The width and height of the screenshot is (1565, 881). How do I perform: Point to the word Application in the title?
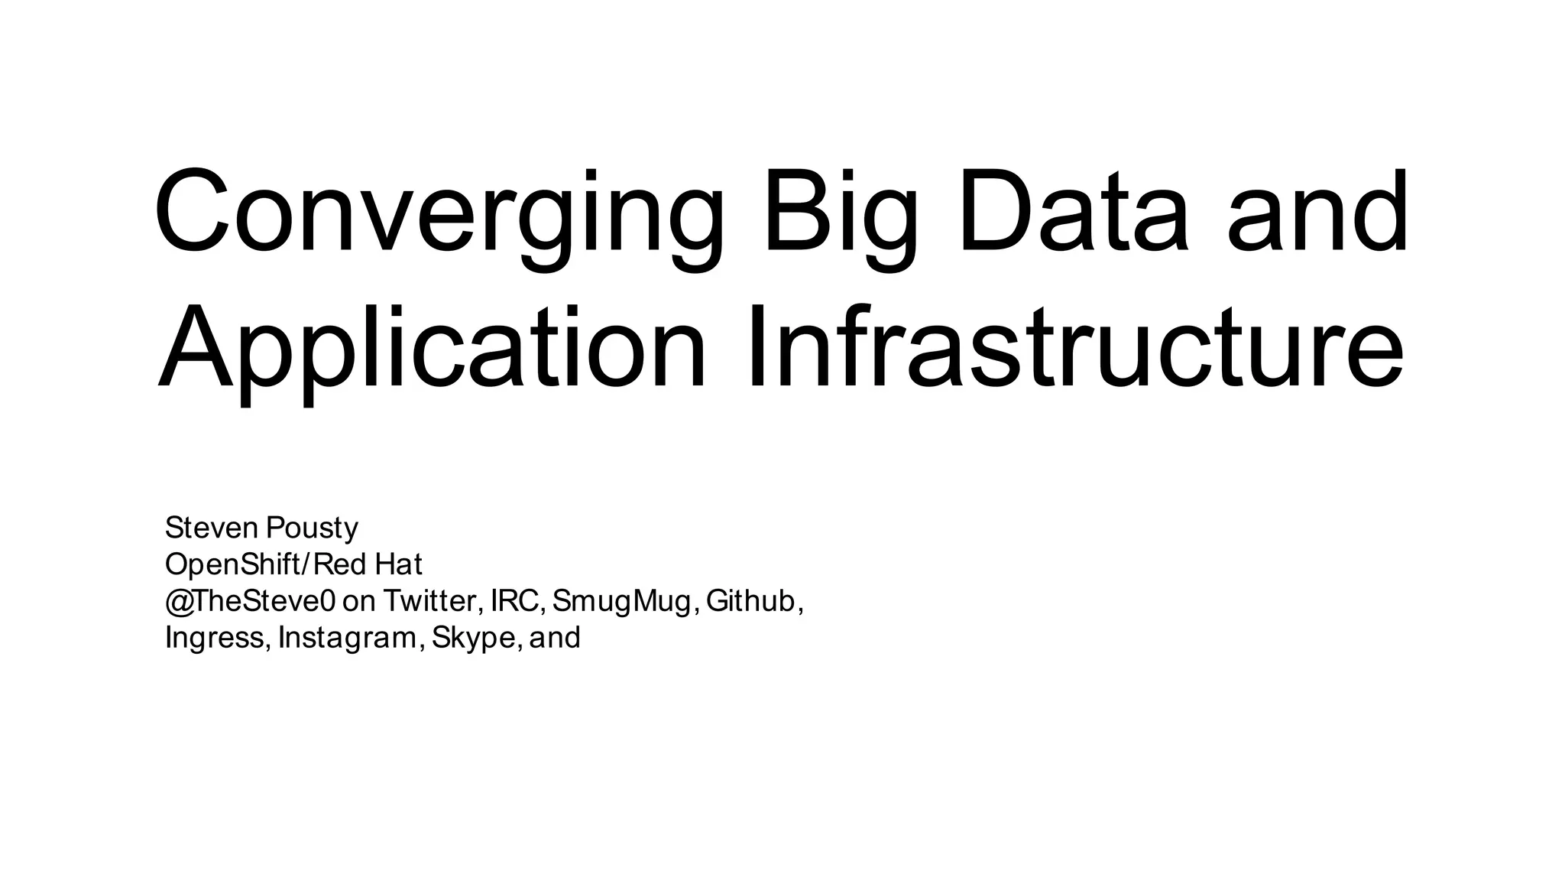click(x=432, y=349)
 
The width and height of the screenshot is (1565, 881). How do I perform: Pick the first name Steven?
click(x=212, y=528)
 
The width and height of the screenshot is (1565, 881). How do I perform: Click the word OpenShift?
click(x=234, y=565)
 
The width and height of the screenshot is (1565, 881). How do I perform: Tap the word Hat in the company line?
click(x=399, y=564)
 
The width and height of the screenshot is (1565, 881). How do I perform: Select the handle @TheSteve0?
click(x=250, y=601)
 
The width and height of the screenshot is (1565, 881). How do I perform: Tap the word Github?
click(x=753, y=601)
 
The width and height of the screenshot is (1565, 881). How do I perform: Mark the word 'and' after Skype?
click(x=555, y=638)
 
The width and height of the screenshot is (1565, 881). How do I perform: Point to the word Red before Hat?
click(x=340, y=564)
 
